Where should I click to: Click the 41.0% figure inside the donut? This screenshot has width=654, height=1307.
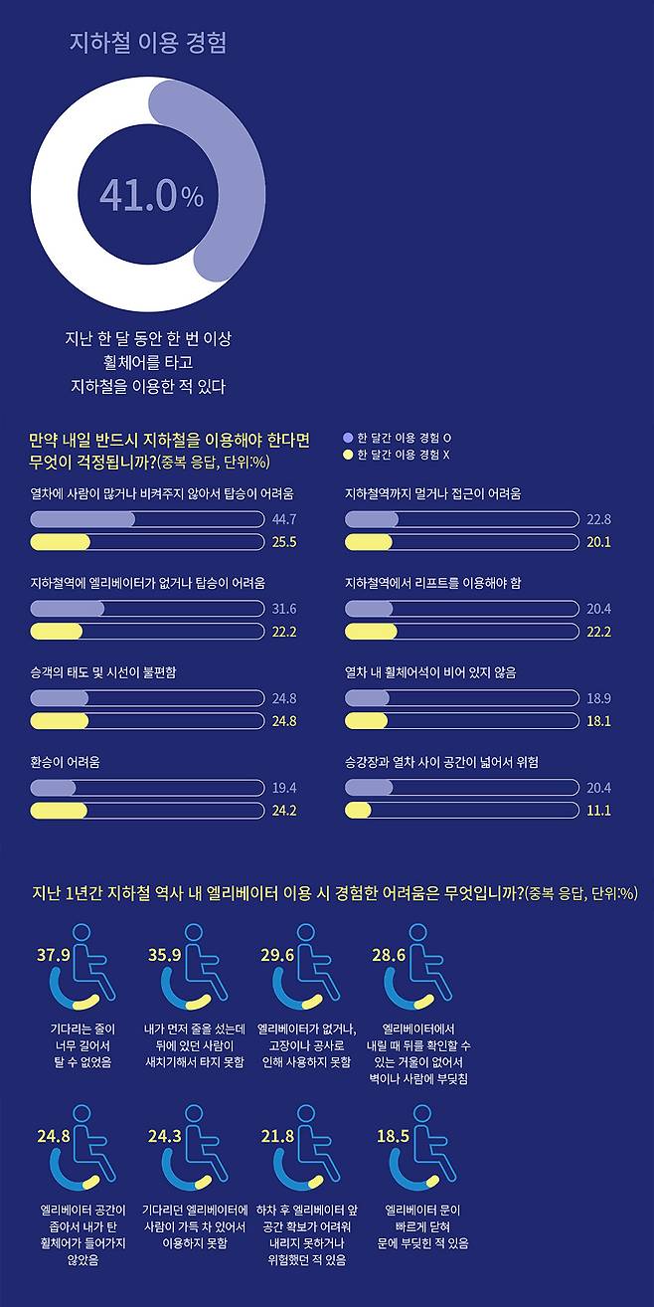[x=151, y=196]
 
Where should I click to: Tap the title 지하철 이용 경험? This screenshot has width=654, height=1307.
[x=148, y=43]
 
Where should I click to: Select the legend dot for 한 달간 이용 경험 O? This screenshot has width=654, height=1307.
[x=347, y=438]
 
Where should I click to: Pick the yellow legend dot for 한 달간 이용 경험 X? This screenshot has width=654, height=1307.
[x=347, y=455]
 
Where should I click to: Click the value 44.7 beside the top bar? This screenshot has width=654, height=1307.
[x=284, y=519]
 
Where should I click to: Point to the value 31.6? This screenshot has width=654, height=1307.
[x=284, y=609]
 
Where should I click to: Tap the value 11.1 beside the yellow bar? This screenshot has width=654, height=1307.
[x=598, y=811]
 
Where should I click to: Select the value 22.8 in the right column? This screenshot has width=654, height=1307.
[x=598, y=519]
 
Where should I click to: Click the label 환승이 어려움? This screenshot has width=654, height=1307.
[x=66, y=762]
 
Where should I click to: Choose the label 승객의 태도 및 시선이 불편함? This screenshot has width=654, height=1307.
[x=103, y=672]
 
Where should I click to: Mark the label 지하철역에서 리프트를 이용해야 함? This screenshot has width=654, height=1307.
[x=432, y=583]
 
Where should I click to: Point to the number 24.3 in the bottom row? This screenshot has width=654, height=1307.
[x=164, y=1135]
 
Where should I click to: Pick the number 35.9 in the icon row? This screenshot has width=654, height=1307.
[x=164, y=955]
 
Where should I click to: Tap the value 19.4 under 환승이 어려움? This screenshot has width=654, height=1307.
[x=284, y=788]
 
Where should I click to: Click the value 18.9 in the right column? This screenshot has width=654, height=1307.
[x=598, y=698]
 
